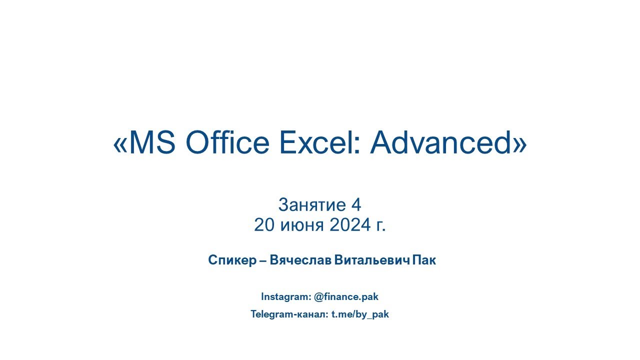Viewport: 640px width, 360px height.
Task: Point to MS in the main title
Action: click(152, 143)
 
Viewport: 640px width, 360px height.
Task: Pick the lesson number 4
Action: click(356, 205)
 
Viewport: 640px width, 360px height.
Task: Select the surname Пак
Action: click(424, 260)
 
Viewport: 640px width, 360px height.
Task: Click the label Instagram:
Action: click(285, 296)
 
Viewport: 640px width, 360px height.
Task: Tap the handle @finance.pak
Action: click(346, 296)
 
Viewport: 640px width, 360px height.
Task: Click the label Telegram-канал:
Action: click(289, 314)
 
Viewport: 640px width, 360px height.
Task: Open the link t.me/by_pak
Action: click(360, 314)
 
